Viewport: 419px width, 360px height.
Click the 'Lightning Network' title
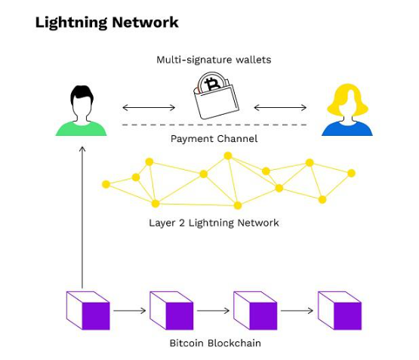(x=106, y=22)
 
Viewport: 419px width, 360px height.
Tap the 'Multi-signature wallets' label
(x=214, y=59)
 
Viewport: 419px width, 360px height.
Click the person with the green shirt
(x=82, y=111)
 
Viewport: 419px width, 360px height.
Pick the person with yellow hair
(x=347, y=111)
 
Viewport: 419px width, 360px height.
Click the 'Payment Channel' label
(x=214, y=139)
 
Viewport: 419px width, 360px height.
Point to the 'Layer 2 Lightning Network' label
(x=214, y=223)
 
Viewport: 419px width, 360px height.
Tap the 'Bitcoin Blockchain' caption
(x=214, y=343)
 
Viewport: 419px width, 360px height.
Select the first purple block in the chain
(x=88, y=310)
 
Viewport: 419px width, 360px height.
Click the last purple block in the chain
(x=340, y=310)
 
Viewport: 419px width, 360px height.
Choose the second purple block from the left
(x=172, y=310)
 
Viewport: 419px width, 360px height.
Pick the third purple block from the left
(x=256, y=310)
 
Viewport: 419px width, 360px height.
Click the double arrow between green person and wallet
(x=149, y=108)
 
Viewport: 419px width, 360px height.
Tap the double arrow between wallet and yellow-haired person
(x=280, y=108)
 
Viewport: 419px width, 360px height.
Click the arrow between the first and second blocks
(x=130, y=310)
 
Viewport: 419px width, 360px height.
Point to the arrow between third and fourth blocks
(x=297, y=310)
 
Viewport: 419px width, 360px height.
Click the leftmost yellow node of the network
(x=106, y=184)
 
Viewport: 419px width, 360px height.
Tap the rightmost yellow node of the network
(x=351, y=173)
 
